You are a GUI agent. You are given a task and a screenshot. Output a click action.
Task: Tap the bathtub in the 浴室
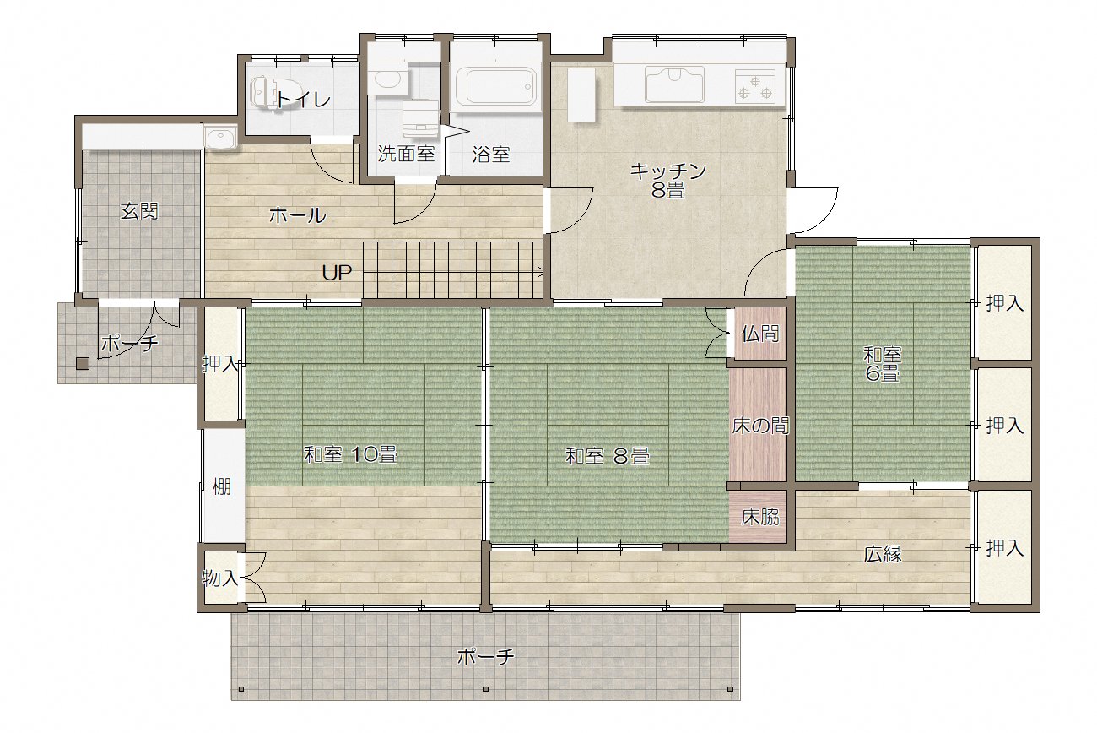(x=494, y=88)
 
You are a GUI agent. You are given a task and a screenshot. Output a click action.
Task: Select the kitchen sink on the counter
(x=674, y=84)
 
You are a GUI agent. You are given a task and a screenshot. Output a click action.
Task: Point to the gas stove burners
(x=755, y=87)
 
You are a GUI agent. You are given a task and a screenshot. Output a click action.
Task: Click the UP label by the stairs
(x=337, y=273)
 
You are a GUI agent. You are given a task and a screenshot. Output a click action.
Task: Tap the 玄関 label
(x=139, y=212)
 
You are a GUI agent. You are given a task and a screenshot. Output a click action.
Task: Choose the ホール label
(x=297, y=215)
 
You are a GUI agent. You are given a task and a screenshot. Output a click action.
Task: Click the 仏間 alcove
(x=759, y=334)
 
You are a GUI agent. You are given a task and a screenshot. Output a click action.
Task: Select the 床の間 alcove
(x=759, y=425)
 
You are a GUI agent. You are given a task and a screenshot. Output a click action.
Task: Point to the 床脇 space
(x=759, y=517)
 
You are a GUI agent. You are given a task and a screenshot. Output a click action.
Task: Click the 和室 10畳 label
(x=350, y=454)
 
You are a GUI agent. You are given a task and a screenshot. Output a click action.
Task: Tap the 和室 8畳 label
(x=608, y=456)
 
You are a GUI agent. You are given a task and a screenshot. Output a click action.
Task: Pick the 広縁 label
(x=883, y=554)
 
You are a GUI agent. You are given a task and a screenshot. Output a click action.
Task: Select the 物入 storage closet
(x=220, y=578)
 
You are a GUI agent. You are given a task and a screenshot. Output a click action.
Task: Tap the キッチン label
(x=668, y=171)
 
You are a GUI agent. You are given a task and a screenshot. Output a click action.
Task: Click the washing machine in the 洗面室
(x=421, y=118)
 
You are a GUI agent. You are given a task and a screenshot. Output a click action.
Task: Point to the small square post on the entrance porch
(x=83, y=364)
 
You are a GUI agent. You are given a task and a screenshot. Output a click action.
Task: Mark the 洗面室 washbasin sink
(x=387, y=79)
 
